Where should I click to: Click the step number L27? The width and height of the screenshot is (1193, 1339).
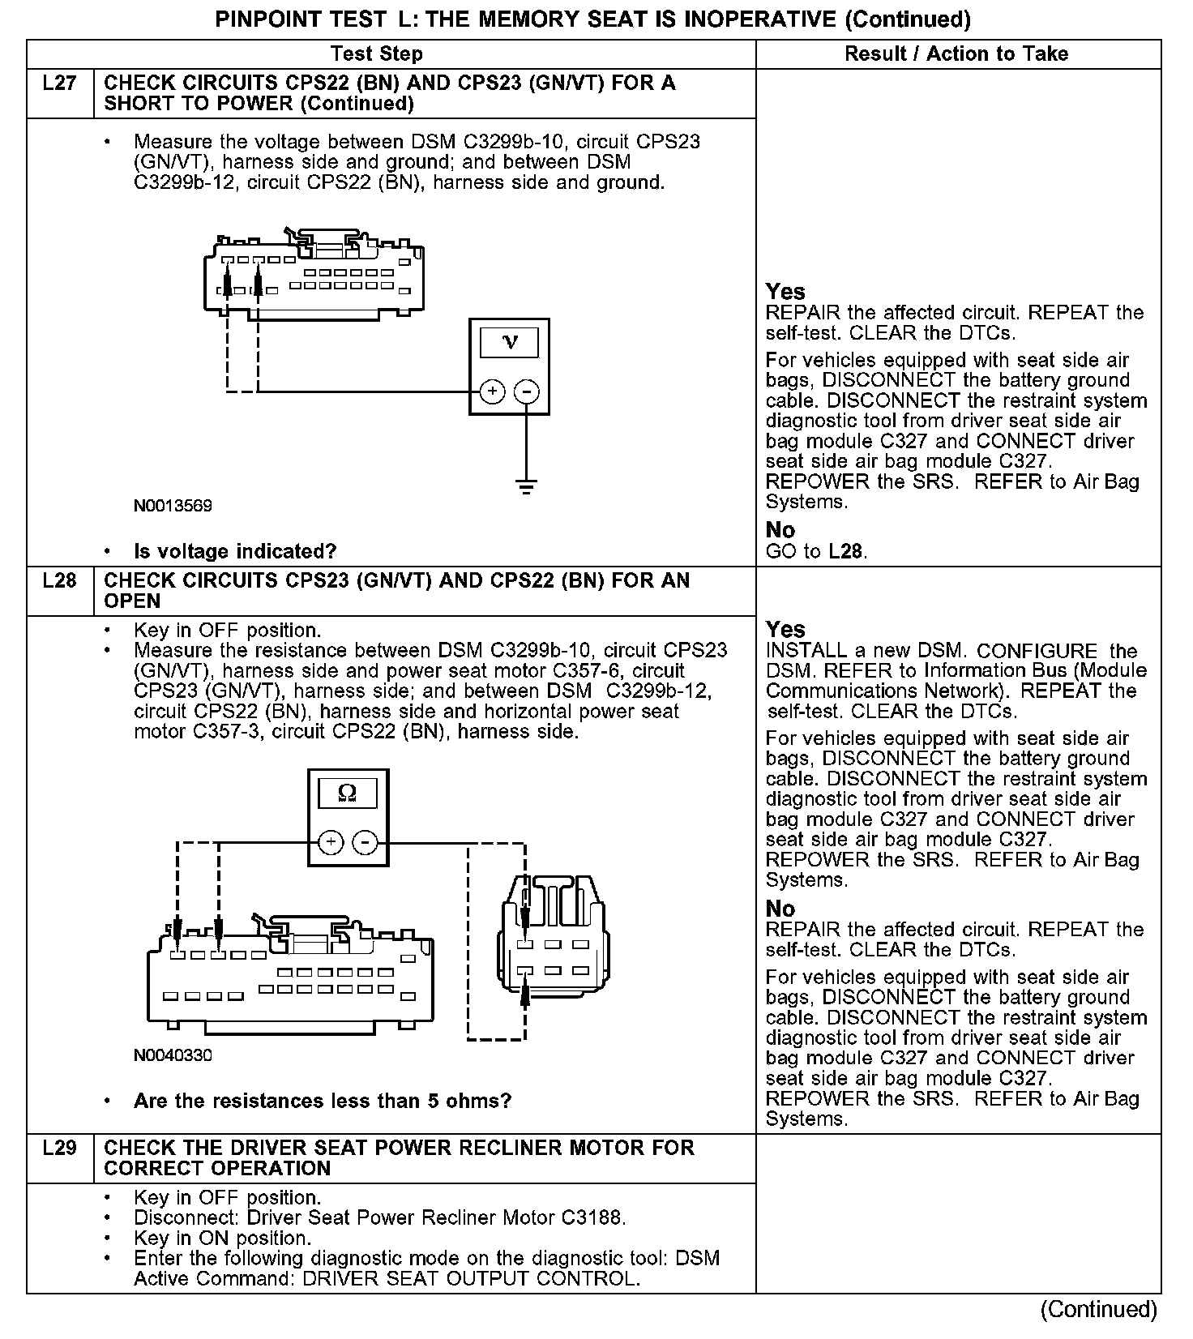[60, 83]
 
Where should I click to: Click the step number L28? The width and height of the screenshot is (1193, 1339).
[60, 581]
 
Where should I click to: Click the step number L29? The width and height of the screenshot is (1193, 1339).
[60, 1149]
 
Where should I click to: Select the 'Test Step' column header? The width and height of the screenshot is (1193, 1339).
[376, 54]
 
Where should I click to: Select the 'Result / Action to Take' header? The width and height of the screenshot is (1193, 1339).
[956, 54]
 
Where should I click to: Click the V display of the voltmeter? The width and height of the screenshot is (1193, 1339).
[509, 341]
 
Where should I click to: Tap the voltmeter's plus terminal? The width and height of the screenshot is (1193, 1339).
[492, 392]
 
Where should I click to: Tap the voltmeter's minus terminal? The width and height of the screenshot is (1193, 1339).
[526, 392]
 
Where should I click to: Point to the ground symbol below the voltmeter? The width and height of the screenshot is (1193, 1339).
[526, 486]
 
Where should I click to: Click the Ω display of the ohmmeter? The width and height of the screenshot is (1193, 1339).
[347, 792]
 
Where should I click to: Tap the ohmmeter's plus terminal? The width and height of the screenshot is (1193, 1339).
[330, 843]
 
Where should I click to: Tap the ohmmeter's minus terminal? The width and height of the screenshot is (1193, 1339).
[366, 843]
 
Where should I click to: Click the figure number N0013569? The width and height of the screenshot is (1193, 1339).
[173, 506]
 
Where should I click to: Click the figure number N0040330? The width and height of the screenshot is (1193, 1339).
[173, 1055]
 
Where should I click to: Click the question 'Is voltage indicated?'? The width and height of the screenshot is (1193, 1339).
[234, 552]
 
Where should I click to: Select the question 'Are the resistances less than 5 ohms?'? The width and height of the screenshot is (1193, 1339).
[322, 1101]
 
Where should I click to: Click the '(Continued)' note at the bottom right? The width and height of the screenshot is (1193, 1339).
[1098, 1309]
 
